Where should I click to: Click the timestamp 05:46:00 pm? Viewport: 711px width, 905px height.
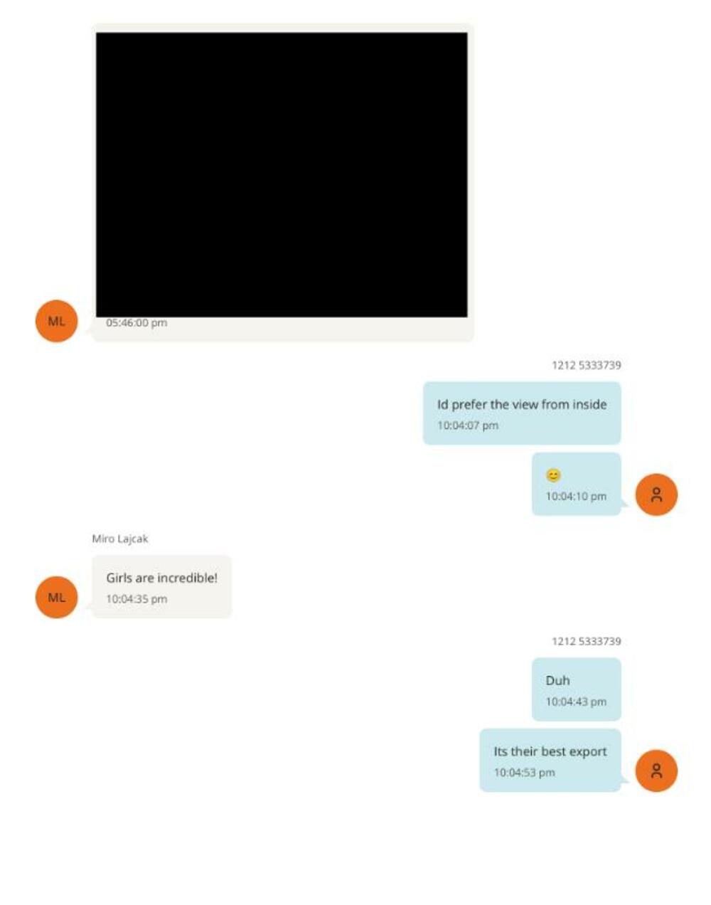tap(137, 323)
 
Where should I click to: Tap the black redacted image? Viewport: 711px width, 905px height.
tap(282, 174)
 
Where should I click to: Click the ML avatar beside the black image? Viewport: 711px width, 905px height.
tap(56, 321)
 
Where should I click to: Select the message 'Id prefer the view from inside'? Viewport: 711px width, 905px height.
tap(521, 404)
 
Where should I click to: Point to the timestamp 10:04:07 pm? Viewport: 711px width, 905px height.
tap(467, 425)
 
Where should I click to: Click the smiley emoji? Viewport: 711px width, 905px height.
tap(553, 475)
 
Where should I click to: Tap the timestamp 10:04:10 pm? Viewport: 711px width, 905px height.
tap(576, 497)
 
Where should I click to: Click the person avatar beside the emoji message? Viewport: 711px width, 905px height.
tap(656, 494)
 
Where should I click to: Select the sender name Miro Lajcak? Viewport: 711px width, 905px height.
tap(120, 539)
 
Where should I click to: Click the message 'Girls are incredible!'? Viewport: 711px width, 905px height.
tap(161, 578)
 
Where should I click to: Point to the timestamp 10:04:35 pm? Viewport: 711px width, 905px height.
tap(137, 599)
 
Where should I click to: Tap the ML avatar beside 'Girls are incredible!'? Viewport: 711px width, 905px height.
tap(56, 597)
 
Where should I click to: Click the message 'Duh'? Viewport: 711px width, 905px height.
tap(557, 680)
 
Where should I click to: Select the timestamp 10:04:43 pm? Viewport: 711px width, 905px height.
tap(576, 702)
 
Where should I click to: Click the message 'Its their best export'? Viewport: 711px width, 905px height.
tap(550, 751)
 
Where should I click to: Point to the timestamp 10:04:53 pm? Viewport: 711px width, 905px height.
tap(524, 773)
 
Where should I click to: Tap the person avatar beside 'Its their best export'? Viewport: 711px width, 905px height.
tap(656, 771)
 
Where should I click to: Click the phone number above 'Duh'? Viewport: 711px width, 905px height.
tap(586, 641)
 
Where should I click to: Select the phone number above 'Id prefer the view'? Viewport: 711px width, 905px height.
tap(586, 365)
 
